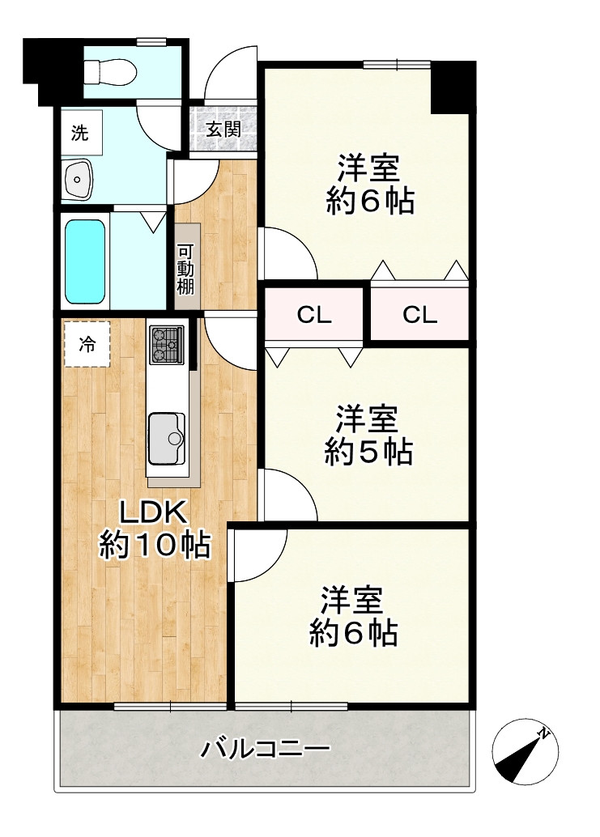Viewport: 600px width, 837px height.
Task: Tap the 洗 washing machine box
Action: pos(80,133)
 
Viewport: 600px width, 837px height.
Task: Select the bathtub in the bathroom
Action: pos(85,261)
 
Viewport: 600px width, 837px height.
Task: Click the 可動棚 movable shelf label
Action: pos(185,270)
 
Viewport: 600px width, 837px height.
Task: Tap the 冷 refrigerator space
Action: pos(87,344)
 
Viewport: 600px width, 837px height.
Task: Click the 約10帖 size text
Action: pos(155,545)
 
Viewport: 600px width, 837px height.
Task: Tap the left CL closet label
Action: pos(314,315)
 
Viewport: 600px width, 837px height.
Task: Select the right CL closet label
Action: pos(420,315)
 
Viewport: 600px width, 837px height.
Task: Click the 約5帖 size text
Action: pos(368,452)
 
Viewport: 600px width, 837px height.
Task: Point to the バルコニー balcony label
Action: pos(266,749)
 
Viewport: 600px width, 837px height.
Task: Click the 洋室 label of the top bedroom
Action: pos(368,168)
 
